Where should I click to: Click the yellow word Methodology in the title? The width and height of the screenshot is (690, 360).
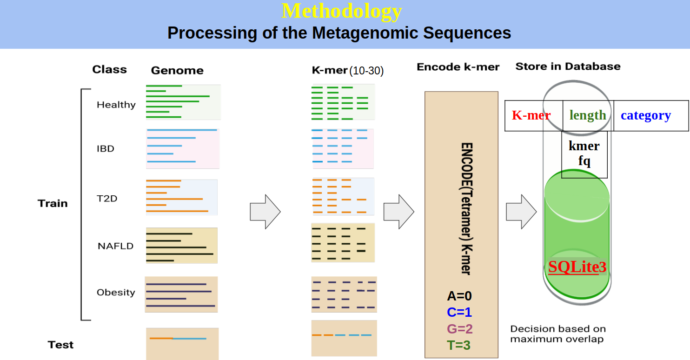click(x=342, y=11)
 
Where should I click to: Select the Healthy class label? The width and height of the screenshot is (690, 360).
click(x=116, y=105)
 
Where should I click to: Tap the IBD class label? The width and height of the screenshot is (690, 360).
click(x=106, y=149)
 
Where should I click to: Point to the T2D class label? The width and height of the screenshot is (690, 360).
click(x=107, y=199)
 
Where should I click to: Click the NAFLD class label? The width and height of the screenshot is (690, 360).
click(x=115, y=246)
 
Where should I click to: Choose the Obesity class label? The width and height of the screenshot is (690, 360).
click(x=116, y=293)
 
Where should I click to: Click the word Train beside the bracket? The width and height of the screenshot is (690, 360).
click(x=53, y=203)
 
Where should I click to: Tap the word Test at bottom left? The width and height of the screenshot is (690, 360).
click(x=60, y=345)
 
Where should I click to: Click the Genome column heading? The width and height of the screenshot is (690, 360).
click(x=177, y=71)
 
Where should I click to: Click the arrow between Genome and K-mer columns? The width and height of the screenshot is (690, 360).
click(x=265, y=212)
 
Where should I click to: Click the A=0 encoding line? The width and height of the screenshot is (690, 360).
click(x=459, y=296)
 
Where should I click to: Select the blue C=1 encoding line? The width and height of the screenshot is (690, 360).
click(x=459, y=312)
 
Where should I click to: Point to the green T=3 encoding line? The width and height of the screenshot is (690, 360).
click(x=459, y=345)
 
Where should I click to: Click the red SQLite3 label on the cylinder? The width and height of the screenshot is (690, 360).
click(x=577, y=267)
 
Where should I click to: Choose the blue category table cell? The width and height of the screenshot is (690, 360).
click(x=646, y=115)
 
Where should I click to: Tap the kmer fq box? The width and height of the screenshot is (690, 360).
click(x=584, y=153)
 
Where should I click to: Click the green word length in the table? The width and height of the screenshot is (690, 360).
click(x=588, y=115)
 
